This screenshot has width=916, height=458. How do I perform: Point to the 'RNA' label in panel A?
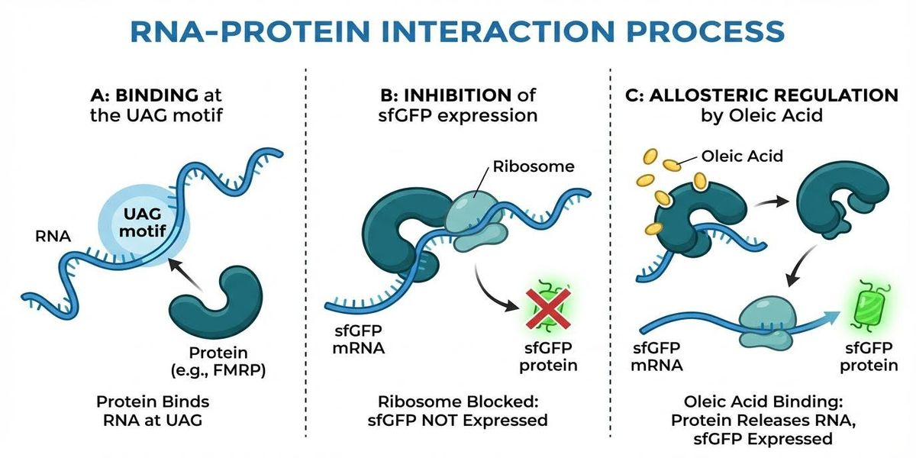pos(53,237)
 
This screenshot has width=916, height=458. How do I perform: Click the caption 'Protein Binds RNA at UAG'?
pos(153,411)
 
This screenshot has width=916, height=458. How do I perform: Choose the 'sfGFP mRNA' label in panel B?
pos(354,340)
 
